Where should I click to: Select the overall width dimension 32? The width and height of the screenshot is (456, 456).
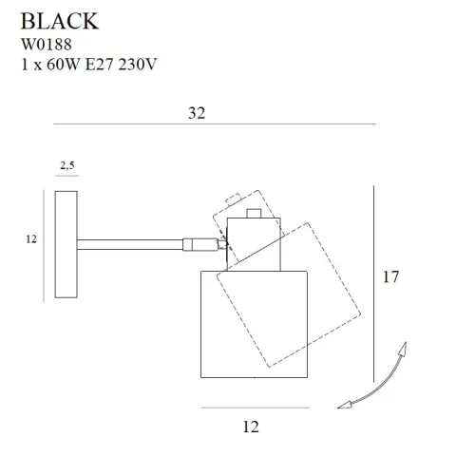[197, 112]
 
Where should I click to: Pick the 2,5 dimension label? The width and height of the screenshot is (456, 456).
[66, 166]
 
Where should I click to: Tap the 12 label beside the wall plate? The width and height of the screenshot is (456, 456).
[31, 239]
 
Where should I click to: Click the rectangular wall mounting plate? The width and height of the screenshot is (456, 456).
[66, 240]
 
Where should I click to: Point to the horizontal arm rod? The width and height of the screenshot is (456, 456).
[133, 243]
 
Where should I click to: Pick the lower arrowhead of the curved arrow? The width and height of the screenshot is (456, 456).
[347, 406]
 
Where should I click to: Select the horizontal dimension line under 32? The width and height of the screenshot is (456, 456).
[215, 124]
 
